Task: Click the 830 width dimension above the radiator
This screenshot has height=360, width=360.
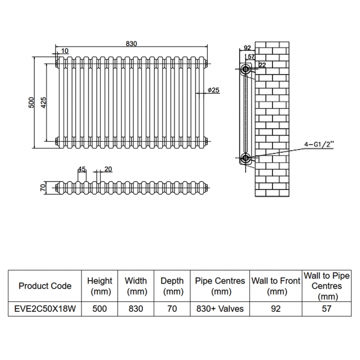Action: click(x=132, y=44)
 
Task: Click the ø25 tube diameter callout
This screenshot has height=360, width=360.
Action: click(x=214, y=90)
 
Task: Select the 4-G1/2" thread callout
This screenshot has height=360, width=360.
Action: click(x=320, y=146)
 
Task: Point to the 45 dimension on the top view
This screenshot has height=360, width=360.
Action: click(x=81, y=169)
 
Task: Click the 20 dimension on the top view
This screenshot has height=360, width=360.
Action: click(x=108, y=169)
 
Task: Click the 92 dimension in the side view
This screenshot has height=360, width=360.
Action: click(x=247, y=48)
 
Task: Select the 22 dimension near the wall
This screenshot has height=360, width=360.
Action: click(x=263, y=65)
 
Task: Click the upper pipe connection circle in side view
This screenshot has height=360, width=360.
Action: click(x=246, y=70)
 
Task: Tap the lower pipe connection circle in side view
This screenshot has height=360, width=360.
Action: click(x=246, y=159)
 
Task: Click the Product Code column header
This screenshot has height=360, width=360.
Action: click(x=45, y=286)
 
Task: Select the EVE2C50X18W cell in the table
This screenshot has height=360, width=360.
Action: click(x=45, y=308)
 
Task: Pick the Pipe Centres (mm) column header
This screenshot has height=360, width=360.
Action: click(x=220, y=286)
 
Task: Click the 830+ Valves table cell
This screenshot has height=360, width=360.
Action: click(x=220, y=308)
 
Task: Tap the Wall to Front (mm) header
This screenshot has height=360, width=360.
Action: click(x=276, y=286)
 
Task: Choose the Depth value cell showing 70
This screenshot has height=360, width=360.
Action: click(x=172, y=308)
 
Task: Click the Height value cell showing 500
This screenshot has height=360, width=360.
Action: click(x=100, y=308)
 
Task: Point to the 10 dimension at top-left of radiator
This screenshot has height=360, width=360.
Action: click(x=65, y=52)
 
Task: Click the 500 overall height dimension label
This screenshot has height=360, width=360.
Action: click(x=32, y=102)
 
